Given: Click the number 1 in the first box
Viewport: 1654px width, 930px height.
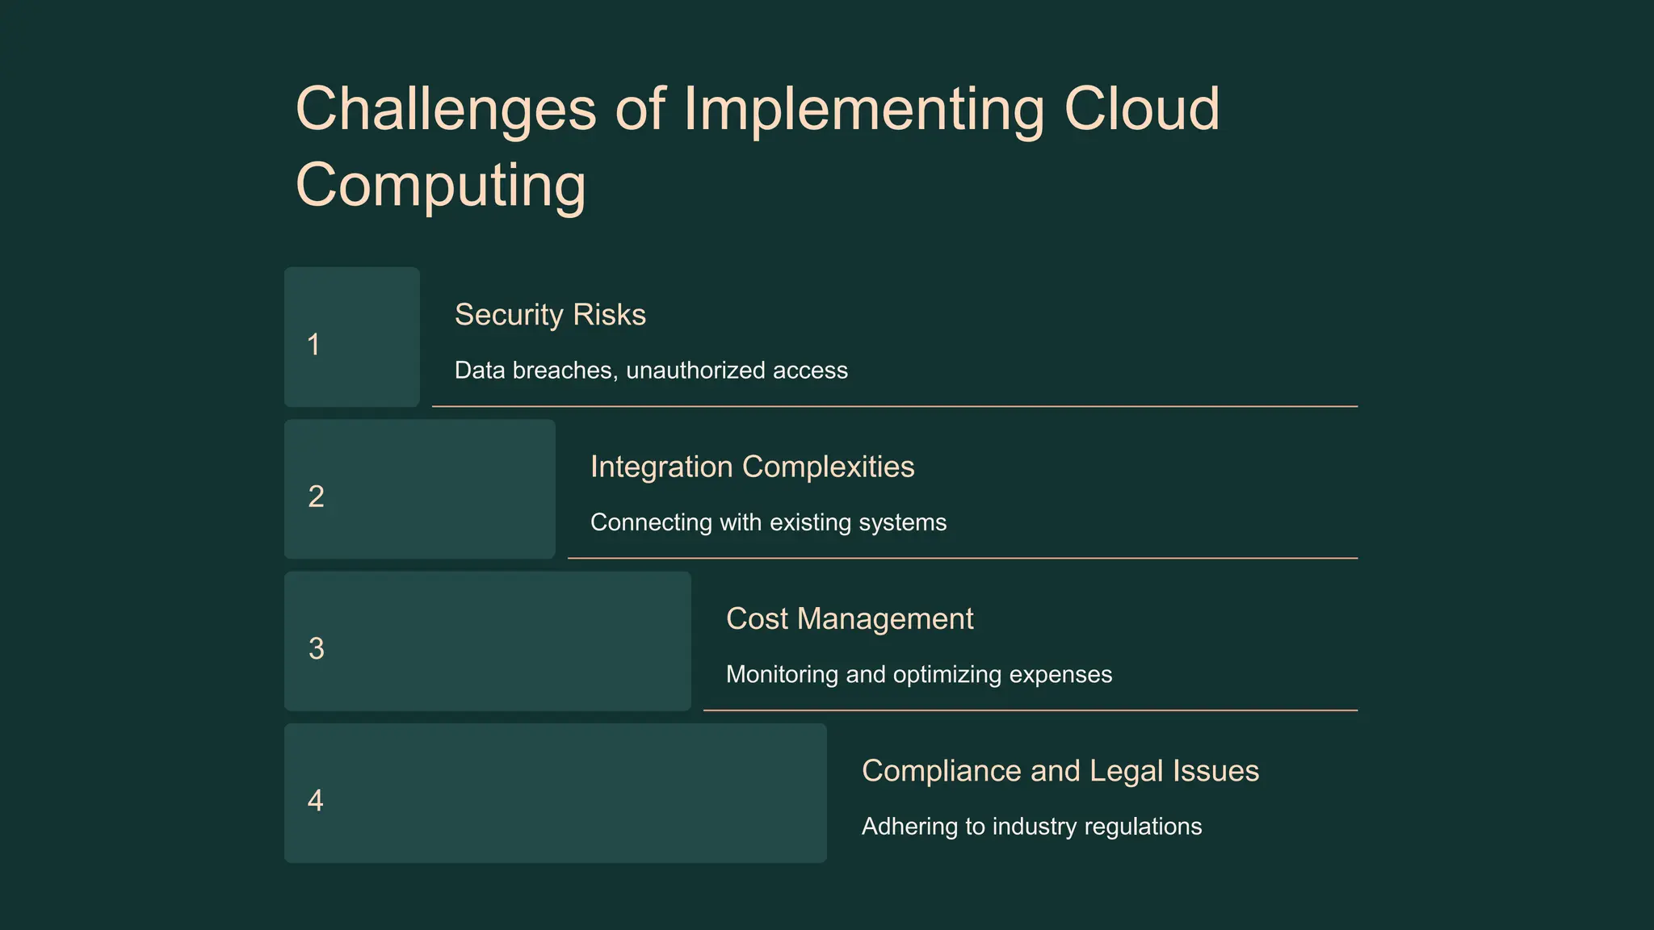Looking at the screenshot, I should coord(313,345).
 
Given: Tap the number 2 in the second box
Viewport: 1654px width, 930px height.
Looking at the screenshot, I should coord(316,496).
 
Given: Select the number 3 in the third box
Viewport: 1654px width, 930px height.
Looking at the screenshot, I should coord(316,648).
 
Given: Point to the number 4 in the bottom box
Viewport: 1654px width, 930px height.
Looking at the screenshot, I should coord(316,800).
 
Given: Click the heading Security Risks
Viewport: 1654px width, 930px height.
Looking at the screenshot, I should coord(550,315).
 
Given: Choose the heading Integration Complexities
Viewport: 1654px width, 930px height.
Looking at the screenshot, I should coord(752,467).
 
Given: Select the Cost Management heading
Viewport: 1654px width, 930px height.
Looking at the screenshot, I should coord(850,618).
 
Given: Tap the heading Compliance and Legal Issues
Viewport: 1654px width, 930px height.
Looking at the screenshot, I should coord(1060,771).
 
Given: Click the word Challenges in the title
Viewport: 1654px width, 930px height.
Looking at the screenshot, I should coord(446,109).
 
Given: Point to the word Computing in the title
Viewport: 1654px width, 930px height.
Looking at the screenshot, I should coord(441,185).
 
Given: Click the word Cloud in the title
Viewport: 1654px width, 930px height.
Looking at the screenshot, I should coord(1141,109).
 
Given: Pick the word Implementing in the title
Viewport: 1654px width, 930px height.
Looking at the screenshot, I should coord(863,111).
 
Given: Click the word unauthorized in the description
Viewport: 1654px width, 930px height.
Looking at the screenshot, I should coord(695,371).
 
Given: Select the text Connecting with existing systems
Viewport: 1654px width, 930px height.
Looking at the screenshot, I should coord(768,522).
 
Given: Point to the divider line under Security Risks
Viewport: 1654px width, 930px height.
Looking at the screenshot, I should coord(894,406).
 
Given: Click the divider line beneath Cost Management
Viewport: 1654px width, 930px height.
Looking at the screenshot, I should coord(1030,710).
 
